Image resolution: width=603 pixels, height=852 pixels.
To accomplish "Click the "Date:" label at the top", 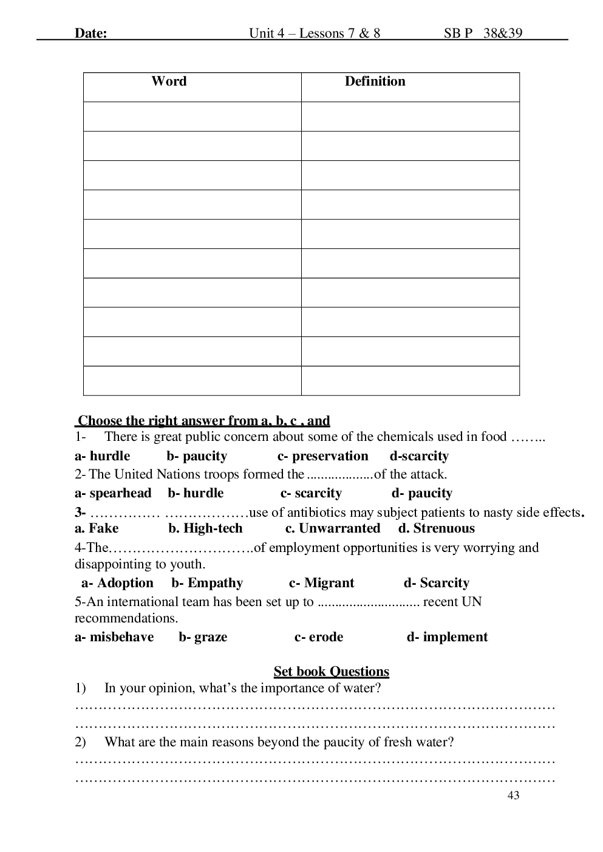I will [90, 33].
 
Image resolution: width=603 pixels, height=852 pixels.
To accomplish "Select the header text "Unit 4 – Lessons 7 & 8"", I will [315, 33].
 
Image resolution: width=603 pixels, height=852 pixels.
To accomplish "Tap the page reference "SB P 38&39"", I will [483, 33].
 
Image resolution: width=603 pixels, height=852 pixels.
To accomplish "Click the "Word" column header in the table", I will [169, 81].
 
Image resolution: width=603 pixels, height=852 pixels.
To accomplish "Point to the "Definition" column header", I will [375, 81].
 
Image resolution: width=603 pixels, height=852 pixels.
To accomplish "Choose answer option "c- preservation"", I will [322, 456].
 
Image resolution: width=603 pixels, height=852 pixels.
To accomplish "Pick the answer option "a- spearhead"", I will [113, 493].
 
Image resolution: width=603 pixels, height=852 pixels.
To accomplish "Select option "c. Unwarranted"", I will [333, 528].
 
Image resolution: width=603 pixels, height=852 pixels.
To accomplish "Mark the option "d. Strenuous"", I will [437, 528].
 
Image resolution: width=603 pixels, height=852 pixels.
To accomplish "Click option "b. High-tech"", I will [205, 528].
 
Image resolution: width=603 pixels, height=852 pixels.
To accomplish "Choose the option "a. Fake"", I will [97, 528].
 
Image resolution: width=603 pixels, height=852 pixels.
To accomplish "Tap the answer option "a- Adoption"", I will [117, 583].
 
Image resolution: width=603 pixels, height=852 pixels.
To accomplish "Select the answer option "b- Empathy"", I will [207, 583].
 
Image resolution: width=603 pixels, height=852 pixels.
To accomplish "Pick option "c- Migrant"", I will [321, 583].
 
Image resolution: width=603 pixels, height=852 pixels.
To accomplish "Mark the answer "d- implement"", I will [447, 637].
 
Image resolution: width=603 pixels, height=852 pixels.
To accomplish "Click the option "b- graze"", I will [203, 637].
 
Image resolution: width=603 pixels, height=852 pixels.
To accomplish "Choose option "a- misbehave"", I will [114, 637].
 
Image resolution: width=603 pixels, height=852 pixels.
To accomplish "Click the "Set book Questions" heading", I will [331, 672].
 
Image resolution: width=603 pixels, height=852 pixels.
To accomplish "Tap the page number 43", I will [513, 796].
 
